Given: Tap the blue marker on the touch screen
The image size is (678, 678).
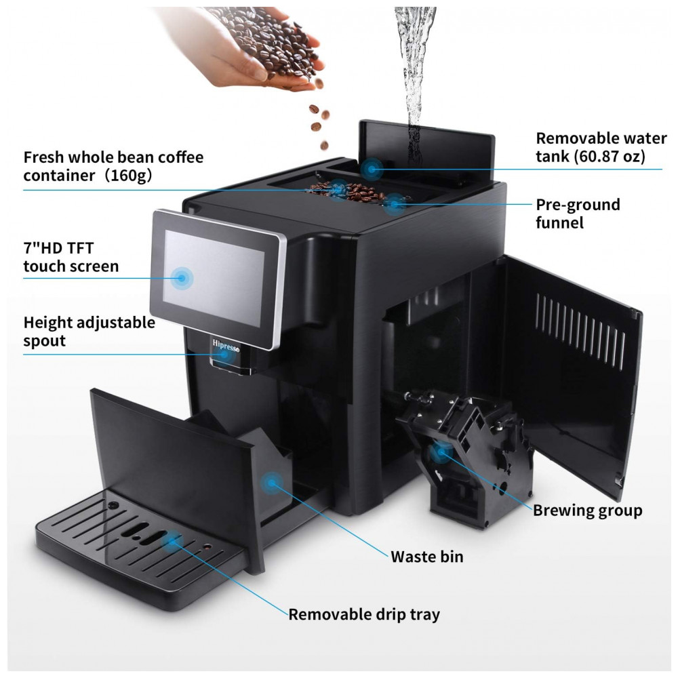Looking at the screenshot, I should [x=182, y=277].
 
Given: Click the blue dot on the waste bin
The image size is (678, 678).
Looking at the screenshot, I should [x=273, y=482].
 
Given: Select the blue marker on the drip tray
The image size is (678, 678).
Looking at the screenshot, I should [x=174, y=540].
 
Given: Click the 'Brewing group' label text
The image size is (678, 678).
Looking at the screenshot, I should [x=587, y=510].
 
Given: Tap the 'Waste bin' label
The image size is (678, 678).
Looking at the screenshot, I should [x=427, y=557].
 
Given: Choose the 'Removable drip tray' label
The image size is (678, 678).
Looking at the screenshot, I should [x=364, y=614].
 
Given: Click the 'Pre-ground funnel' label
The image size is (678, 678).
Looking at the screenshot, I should [x=578, y=213].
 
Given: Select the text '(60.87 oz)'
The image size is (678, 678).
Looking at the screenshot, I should [x=607, y=157].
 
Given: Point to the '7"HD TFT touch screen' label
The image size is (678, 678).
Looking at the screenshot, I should [x=71, y=256].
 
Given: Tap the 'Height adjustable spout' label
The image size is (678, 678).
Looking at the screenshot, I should [x=89, y=332].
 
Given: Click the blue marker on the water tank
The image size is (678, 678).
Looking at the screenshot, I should [x=372, y=168].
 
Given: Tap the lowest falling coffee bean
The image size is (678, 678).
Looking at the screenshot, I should [x=324, y=144].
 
